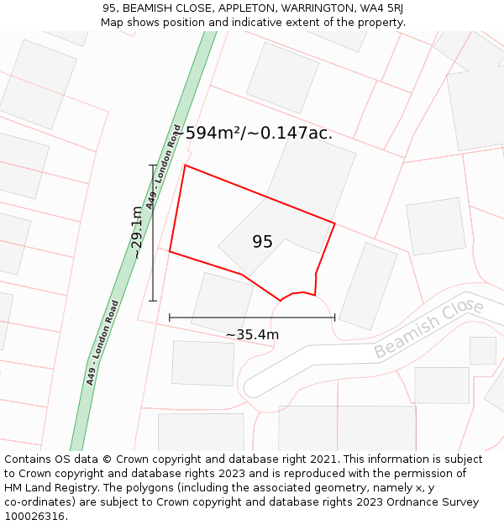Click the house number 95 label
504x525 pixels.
(x=262, y=242)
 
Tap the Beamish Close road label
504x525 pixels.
(x=428, y=328)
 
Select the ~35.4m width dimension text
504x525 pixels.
(x=252, y=335)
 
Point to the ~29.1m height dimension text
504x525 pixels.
(x=136, y=232)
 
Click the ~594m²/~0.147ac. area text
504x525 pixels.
(x=252, y=133)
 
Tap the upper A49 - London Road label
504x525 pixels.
(x=163, y=178)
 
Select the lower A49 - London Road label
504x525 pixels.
(x=102, y=343)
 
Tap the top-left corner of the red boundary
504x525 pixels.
(x=185, y=165)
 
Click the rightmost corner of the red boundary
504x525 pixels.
(x=334, y=223)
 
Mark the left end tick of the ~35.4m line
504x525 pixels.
(x=170, y=318)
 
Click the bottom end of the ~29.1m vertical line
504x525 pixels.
(x=153, y=300)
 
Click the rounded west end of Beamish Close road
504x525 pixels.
(x=247, y=387)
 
